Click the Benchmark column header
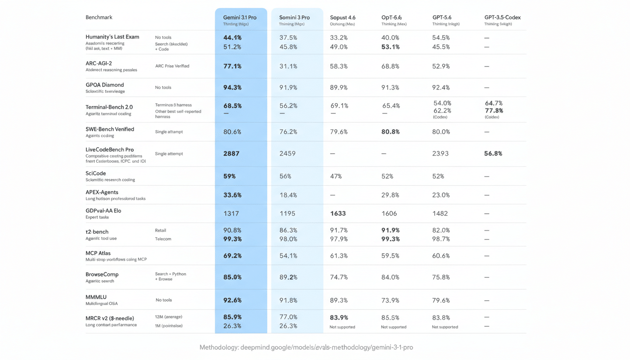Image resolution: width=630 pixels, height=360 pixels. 99,17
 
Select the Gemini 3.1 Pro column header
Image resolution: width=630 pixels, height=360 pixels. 240,17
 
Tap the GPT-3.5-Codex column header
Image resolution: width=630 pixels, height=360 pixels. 502,17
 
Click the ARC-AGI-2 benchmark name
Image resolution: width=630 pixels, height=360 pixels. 98,63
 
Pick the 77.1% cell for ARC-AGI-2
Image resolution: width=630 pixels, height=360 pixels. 232,66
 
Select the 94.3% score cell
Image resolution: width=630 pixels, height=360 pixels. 232,87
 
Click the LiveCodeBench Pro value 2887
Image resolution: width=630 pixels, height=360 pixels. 232,153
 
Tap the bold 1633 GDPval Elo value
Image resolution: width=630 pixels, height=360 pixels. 338,213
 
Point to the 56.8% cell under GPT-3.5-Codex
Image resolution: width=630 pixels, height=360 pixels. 493,153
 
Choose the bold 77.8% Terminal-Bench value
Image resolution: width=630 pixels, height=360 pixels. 494,111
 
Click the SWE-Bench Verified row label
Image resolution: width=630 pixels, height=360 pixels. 110,129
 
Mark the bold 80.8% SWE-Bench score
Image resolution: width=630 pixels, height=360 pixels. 391,132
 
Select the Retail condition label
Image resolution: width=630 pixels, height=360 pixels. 160,230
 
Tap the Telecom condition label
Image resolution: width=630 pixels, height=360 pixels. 163,239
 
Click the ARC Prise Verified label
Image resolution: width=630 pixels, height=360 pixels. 172,66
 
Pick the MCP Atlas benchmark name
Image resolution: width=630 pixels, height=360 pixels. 98,253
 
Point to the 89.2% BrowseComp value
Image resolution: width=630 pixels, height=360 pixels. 288,277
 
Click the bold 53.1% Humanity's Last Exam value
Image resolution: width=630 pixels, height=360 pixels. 391,47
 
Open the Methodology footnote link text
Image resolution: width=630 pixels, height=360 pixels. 306,347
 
